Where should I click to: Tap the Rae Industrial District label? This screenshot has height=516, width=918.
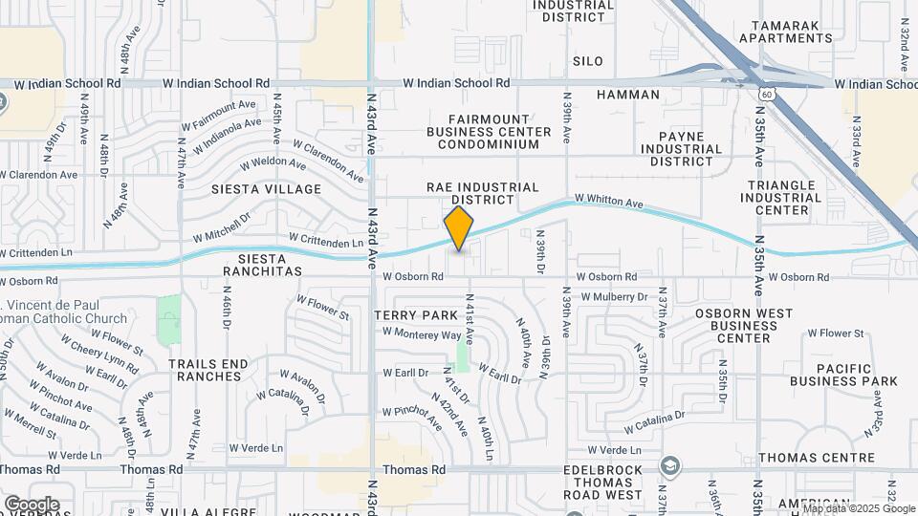pos(483,193)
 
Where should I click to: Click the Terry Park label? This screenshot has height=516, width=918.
pos(417,315)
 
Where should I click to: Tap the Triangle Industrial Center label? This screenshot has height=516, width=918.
pos(780,197)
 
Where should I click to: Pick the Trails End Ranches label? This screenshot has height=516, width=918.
pos(205,370)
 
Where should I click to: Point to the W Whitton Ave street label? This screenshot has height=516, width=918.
pos(609,203)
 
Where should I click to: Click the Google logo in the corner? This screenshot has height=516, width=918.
pos(32,504)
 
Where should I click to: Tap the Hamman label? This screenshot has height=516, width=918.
pos(627,95)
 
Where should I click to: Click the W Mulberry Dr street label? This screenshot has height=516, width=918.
pos(614,297)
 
